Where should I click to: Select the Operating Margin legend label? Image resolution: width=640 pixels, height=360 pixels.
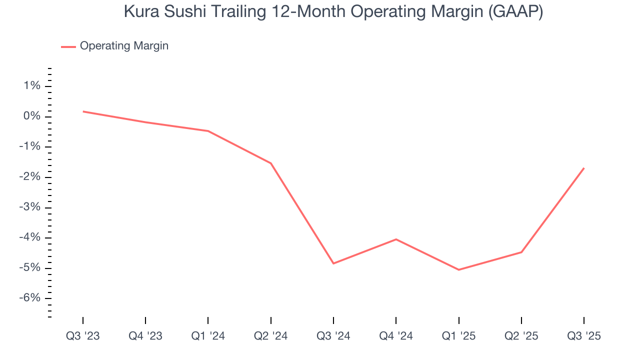124,46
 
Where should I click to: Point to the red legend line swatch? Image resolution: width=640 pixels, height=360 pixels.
68,46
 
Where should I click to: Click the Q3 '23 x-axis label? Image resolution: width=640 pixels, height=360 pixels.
83,336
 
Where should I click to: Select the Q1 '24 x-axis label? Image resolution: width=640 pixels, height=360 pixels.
208,336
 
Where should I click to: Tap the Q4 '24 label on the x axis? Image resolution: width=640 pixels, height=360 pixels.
396,336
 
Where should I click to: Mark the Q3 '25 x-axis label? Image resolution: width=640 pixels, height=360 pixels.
584,336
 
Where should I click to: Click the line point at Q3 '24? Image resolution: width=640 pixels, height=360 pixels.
333,263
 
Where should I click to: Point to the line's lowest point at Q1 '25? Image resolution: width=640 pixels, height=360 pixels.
458,270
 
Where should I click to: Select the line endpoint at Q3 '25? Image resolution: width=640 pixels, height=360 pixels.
584,168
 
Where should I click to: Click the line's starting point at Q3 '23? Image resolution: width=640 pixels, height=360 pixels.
83,111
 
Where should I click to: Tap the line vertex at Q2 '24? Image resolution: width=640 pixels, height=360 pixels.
271,163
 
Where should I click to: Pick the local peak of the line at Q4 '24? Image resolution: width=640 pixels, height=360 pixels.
396,239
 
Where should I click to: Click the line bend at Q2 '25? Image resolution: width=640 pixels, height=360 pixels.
521,252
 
